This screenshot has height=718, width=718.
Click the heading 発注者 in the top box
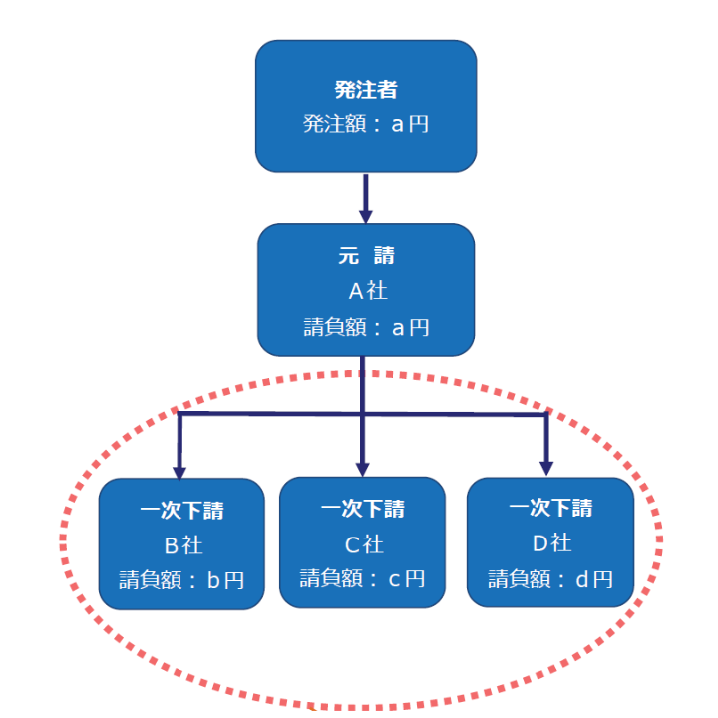pyautogui.click(x=365, y=90)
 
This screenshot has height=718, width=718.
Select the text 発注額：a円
pyautogui.click(x=365, y=124)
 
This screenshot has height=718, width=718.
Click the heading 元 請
pyautogui.click(x=365, y=256)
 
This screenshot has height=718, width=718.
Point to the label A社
pyautogui.click(x=365, y=291)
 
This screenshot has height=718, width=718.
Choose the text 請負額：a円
pyautogui.click(x=365, y=326)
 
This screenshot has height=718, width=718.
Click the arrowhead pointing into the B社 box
pyautogui.click(x=180, y=469)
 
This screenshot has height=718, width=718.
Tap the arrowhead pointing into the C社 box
pyautogui.click(x=363, y=466)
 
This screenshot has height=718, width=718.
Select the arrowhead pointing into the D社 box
pyautogui.click(x=546, y=467)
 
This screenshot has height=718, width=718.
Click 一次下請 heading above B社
pyautogui.click(x=181, y=512)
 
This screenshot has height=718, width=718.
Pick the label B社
pyautogui.click(x=181, y=545)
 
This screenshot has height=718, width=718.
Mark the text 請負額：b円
pyautogui.click(x=181, y=580)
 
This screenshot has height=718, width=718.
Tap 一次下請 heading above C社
pyautogui.click(x=363, y=510)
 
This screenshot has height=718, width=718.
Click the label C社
pyautogui.click(x=363, y=544)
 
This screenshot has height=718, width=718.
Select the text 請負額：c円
pyautogui.click(x=363, y=578)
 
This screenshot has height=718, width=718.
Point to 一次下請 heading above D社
pyautogui.click(x=550, y=509)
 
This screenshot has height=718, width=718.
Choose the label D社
pyautogui.click(x=550, y=543)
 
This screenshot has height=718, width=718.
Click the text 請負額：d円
pyautogui.click(x=550, y=578)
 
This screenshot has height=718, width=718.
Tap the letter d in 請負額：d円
pyautogui.click(x=582, y=578)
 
